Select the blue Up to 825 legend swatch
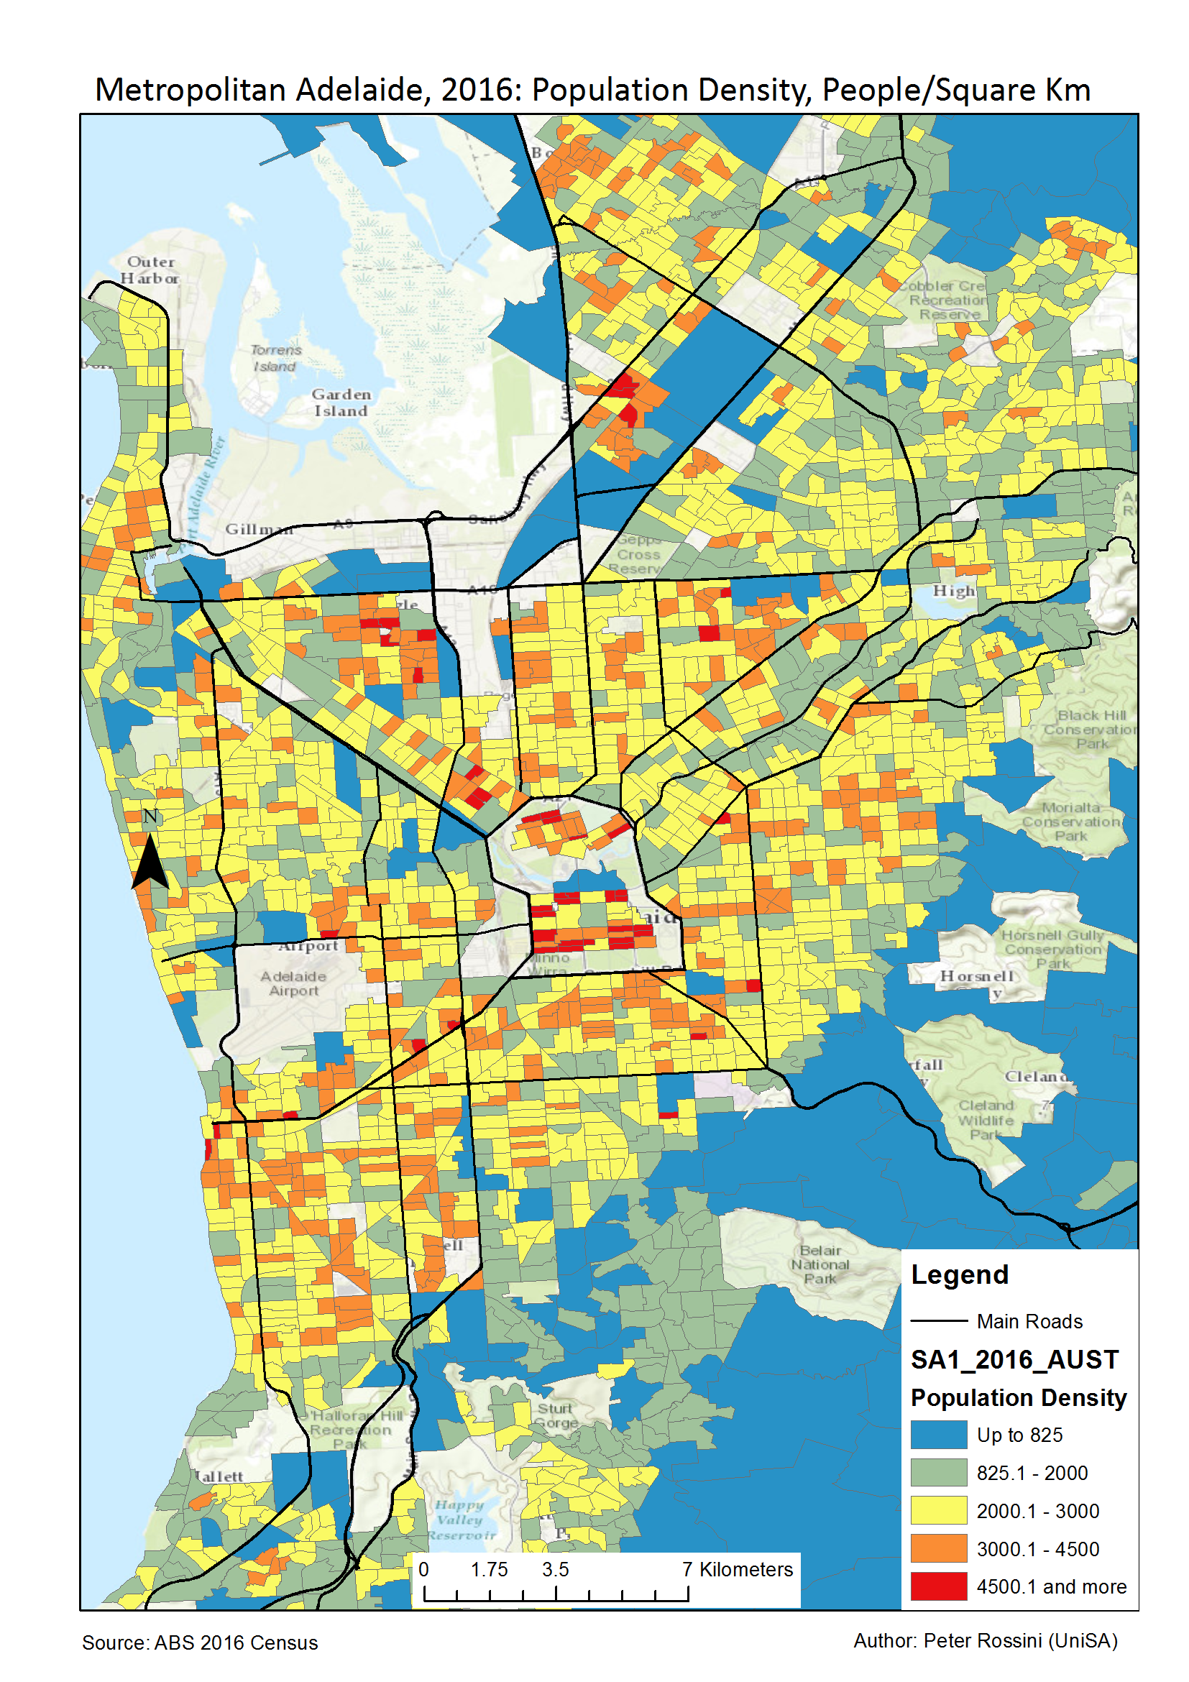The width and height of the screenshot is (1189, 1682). (938, 1435)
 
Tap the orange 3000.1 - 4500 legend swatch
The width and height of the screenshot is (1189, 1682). (938, 1549)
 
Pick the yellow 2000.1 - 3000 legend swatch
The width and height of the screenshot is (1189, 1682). (938, 1511)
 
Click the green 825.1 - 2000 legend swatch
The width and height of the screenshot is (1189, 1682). (938, 1473)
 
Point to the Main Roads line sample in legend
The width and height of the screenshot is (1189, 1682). (938, 1321)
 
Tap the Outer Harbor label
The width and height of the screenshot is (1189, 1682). (150, 270)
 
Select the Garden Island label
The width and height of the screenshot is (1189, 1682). (341, 403)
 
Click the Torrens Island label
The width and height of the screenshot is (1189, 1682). (275, 357)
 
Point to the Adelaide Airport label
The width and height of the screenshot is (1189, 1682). (293, 983)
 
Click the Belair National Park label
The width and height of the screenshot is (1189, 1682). (820, 1264)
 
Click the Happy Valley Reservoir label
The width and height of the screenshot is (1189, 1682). (461, 1520)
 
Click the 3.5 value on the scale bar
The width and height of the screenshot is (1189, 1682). (554, 1569)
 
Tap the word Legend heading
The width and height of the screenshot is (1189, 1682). (959, 1274)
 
